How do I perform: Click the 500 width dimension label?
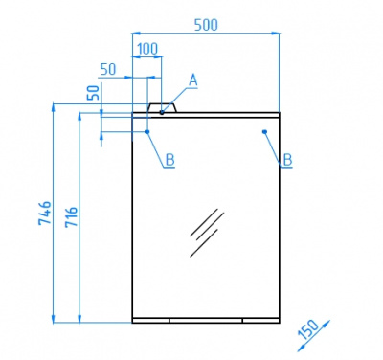click(206, 25)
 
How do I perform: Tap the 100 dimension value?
click(147, 49)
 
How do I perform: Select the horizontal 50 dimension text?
click(108, 69)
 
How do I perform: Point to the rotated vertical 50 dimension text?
click(96, 93)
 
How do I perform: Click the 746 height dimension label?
click(45, 214)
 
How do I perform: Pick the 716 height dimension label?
click(71, 216)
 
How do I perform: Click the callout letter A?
click(193, 80)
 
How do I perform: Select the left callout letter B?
click(169, 160)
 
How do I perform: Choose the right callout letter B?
click(287, 160)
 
